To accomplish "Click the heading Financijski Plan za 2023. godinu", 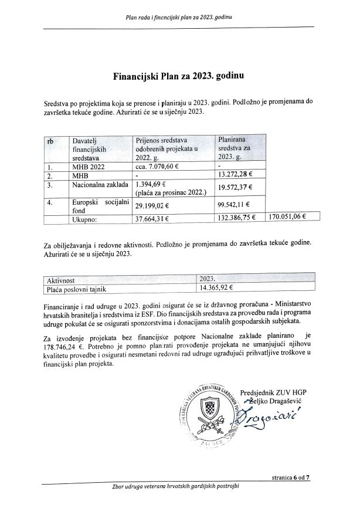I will point(179,76).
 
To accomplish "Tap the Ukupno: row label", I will point(84,219).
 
